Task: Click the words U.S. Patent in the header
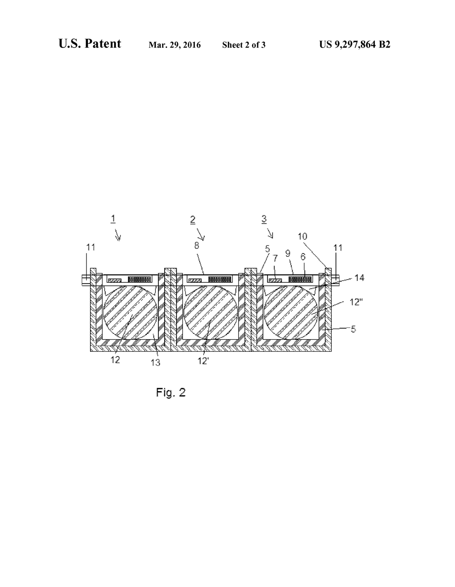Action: point(90,44)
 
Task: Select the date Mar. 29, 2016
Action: point(174,45)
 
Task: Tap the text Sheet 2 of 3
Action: point(244,45)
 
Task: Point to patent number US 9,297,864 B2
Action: point(354,44)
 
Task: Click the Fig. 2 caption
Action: point(171,393)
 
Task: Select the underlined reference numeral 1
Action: point(113,219)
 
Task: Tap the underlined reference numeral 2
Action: point(192,219)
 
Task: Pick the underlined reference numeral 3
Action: point(264,219)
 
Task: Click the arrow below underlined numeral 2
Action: point(201,234)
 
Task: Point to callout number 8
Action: point(197,245)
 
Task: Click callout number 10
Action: point(302,236)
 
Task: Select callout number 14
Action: point(359,277)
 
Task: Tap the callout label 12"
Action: point(356,302)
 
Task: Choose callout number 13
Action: point(156,362)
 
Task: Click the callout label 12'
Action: point(203,361)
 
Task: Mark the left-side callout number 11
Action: point(91,247)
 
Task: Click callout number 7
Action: point(275,259)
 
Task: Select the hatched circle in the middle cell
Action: point(211,312)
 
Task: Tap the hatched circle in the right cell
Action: point(291,312)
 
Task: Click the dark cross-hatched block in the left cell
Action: point(139,279)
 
